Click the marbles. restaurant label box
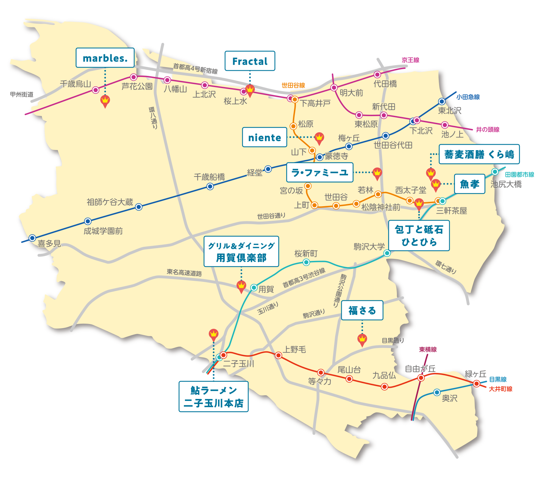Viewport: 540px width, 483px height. (x=105, y=58)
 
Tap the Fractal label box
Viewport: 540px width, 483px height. (x=250, y=61)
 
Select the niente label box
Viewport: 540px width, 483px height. (x=265, y=137)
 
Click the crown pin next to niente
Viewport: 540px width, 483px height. (x=319, y=138)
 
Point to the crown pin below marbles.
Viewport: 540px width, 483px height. (x=105, y=101)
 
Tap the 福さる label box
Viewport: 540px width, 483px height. (x=362, y=310)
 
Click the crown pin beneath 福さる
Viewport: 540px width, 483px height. (x=362, y=339)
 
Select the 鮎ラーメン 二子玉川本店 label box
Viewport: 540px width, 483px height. (x=213, y=397)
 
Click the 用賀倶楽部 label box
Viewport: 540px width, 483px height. (x=241, y=251)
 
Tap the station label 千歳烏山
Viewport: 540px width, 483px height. (x=75, y=84)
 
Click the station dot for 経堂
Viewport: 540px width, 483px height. (x=268, y=169)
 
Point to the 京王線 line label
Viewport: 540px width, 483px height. (x=410, y=60)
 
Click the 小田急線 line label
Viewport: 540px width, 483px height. (x=468, y=97)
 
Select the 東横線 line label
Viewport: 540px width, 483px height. (x=428, y=350)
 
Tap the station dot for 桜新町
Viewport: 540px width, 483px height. (x=306, y=262)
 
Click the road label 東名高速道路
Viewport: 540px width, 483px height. (x=184, y=273)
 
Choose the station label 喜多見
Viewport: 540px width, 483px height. (x=49, y=244)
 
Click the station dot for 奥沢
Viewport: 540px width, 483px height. (x=437, y=392)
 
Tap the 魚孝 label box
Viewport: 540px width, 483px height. (x=469, y=184)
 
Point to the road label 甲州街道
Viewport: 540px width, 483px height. (x=22, y=95)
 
